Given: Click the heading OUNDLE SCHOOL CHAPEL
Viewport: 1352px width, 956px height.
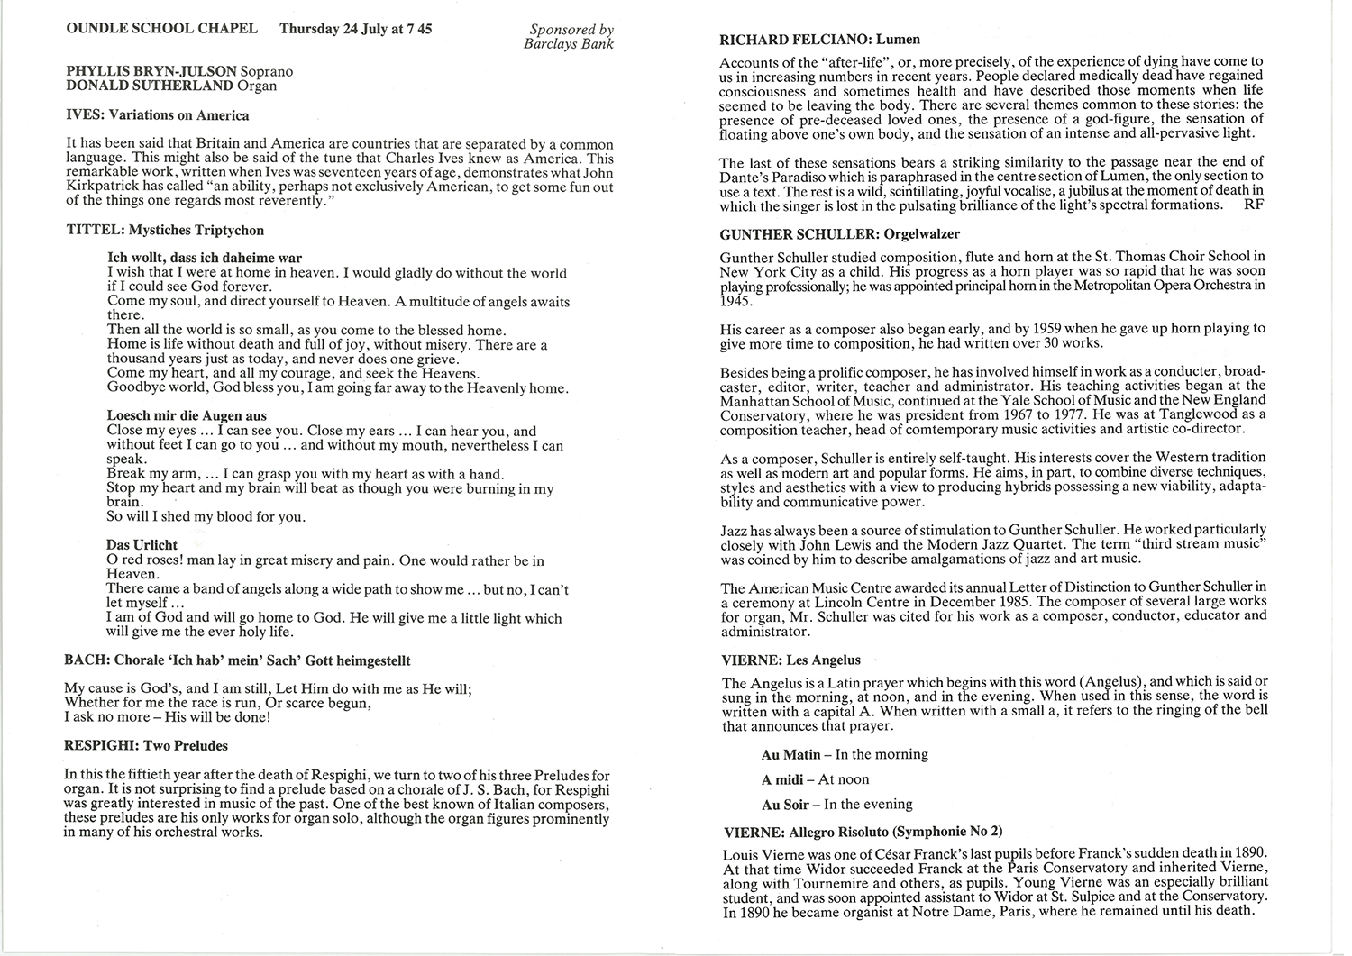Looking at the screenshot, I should coord(161,29).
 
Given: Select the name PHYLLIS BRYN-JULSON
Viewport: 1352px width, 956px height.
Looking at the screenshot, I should coord(152,71).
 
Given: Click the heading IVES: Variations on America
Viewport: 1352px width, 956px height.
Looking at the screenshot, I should coord(158,115).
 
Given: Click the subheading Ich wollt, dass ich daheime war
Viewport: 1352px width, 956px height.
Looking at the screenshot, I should coord(204,259).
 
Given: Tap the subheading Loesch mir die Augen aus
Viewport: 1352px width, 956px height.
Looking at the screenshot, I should coord(187,416).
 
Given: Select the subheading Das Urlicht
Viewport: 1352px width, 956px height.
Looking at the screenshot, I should coord(142,545).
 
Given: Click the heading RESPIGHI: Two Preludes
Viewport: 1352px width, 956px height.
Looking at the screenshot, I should coord(146,746).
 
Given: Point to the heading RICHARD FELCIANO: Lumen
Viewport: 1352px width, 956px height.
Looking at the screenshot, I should coord(819,40).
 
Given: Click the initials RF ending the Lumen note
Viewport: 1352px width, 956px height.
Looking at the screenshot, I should coord(1253,205).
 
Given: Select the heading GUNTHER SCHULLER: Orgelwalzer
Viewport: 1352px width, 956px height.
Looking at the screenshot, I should coord(839,234).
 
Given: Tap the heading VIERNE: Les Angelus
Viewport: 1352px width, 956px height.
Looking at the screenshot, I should coord(790,660).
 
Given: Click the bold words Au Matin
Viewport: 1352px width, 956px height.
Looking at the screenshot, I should coord(790,755).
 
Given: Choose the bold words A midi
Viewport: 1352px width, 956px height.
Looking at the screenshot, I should coord(783,779).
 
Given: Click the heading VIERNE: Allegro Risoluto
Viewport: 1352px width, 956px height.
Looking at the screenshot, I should coord(863,832).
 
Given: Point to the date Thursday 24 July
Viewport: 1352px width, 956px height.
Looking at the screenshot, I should coord(332,29).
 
